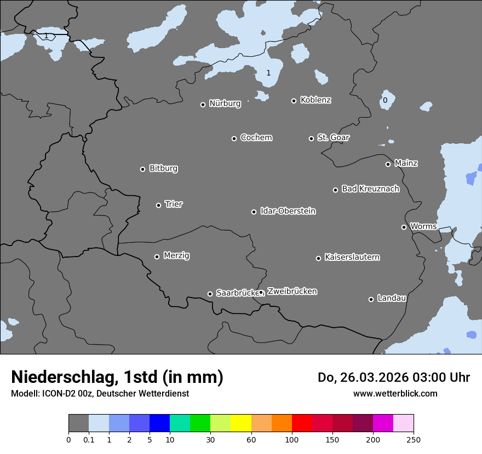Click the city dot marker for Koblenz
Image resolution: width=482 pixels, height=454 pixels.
pos(294,101)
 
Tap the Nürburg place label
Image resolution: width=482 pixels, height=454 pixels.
pos(225,103)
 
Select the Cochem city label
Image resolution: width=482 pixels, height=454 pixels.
pos(256,137)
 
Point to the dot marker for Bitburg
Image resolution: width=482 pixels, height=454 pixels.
pos(143,169)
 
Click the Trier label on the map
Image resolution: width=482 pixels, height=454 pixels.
pos(174,204)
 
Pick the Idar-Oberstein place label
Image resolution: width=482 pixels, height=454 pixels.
pos(288,211)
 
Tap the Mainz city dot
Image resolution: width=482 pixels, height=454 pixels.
pos(388,164)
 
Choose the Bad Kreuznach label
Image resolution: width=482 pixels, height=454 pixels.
pos(370,189)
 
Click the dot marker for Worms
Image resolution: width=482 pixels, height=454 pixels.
pos(404,227)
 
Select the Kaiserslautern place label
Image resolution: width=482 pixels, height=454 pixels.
pos(352,257)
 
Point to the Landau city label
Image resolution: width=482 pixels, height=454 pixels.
pos(392,298)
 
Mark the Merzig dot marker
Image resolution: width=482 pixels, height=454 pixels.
pos(157,257)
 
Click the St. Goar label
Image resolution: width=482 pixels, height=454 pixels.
pos(333,137)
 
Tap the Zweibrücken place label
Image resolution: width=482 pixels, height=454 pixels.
pos(292,292)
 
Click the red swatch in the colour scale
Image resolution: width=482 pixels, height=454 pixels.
pos(302,423)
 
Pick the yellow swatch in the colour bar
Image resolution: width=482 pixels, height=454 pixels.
pos(241,423)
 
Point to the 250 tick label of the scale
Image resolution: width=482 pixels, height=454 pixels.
pos(414,439)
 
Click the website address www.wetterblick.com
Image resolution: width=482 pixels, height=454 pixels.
pos(395,393)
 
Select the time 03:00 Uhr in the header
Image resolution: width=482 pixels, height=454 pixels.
pos(433,377)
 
